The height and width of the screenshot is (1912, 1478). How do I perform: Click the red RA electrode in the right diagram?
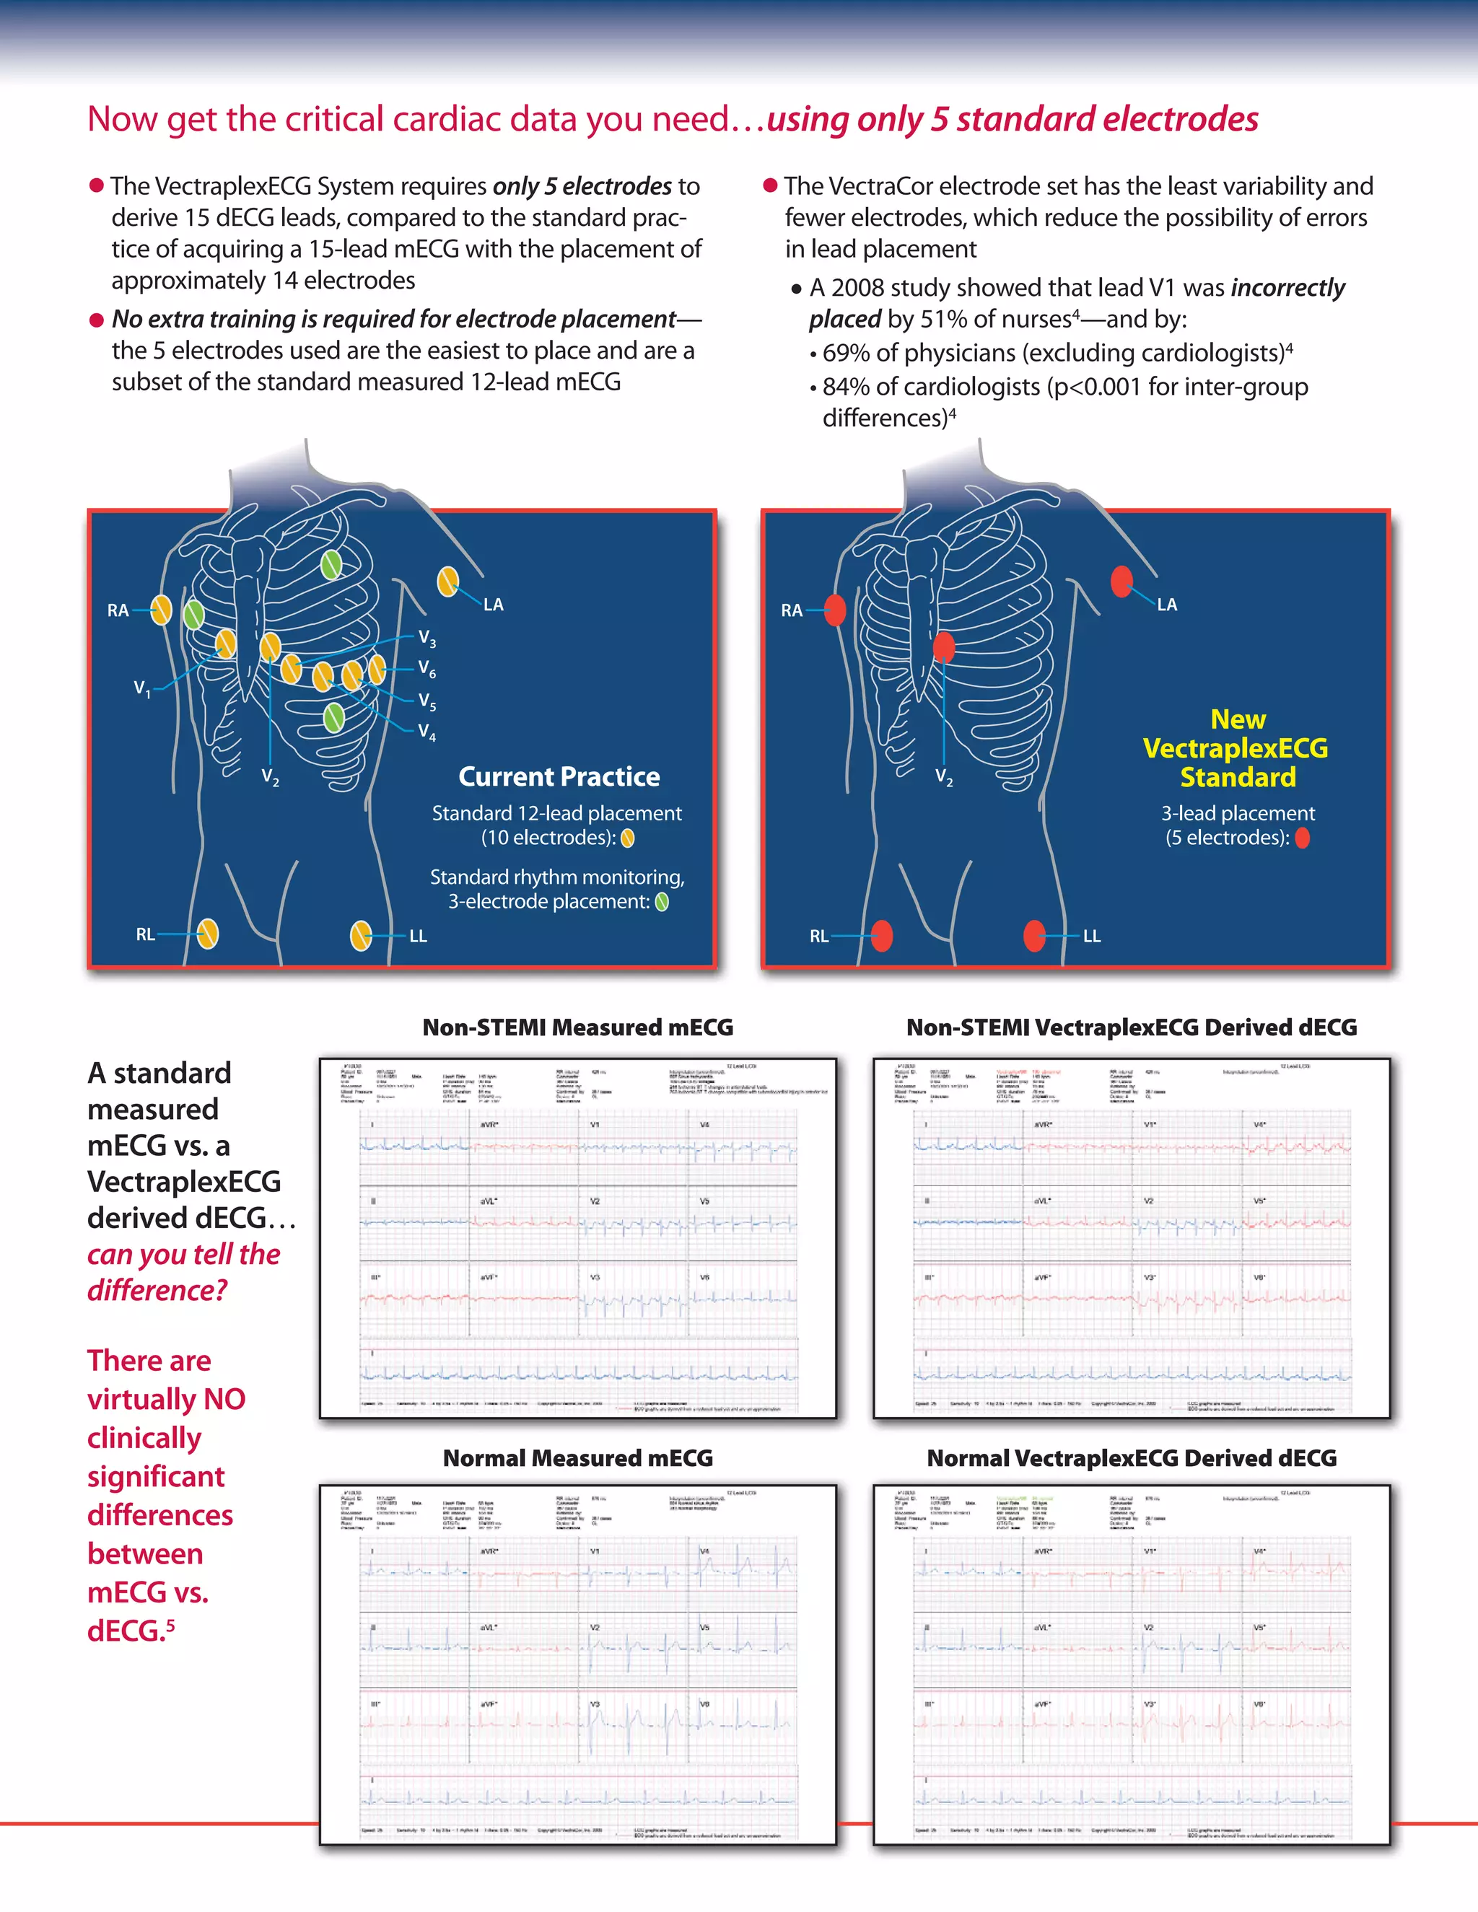coord(835,610)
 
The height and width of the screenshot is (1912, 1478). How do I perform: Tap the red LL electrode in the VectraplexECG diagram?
coord(1034,935)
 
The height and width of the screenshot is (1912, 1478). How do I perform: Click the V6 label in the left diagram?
coord(427,669)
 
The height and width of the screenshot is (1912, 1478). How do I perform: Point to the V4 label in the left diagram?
coord(427,731)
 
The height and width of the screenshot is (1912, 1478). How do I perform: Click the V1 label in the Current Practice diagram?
coord(142,689)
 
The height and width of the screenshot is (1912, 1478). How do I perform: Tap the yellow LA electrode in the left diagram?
coord(447,582)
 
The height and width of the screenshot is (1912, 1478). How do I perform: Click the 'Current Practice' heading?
coord(559,776)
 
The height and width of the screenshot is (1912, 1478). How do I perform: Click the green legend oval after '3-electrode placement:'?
coord(662,902)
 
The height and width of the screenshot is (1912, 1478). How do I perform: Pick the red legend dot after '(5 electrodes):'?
coord(1302,838)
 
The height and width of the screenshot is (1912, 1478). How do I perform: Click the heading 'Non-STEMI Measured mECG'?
coord(577,1027)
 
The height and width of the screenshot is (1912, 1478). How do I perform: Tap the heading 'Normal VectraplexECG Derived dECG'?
coord(1132,1457)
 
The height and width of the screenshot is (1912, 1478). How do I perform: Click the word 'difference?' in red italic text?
coord(157,1291)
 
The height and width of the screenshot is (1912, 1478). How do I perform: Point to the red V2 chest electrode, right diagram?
coord(943,647)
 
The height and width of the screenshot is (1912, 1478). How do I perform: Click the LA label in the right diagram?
coord(1166,604)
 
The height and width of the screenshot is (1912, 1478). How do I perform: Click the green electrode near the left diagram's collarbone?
coord(331,565)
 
